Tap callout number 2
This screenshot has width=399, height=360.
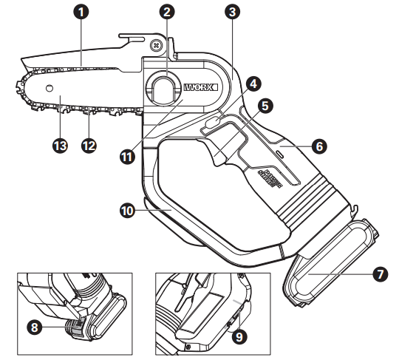click(x=168, y=12)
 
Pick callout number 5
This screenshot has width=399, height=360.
click(x=265, y=105)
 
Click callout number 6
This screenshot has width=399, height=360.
click(x=318, y=146)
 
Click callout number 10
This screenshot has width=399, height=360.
click(x=126, y=210)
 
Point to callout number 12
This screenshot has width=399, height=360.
click(x=89, y=145)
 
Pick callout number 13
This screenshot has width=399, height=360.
click(x=60, y=145)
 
